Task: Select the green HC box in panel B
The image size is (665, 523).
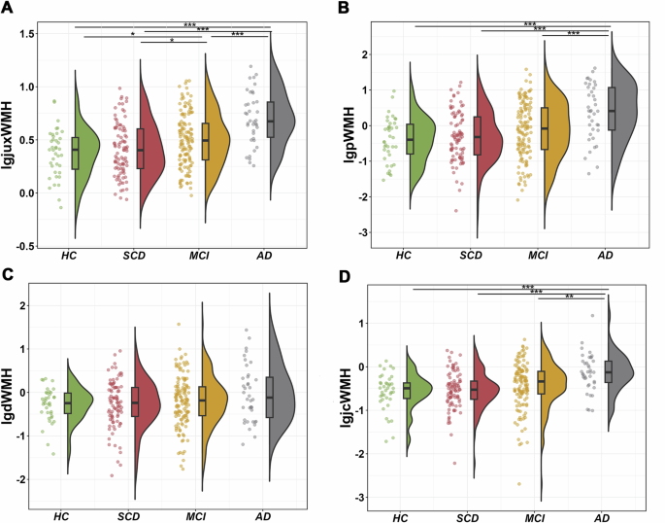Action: tap(411, 139)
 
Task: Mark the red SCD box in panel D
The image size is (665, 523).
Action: tap(474, 389)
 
